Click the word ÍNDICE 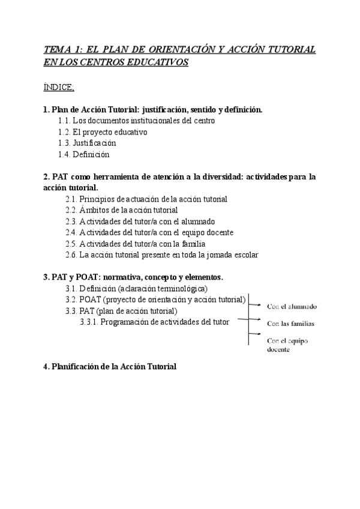coord(58,88)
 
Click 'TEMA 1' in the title coord(62,50)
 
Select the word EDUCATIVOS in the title coord(159,62)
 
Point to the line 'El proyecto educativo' coord(114,132)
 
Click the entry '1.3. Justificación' coord(87,143)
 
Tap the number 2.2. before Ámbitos coord(71,210)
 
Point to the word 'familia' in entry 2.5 coord(192,244)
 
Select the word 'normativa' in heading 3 coord(122,277)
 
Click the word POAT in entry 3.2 coord(91,300)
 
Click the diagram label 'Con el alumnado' coord(292,307)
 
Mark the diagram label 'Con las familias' coord(290,324)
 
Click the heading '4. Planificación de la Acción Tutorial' coord(110,367)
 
